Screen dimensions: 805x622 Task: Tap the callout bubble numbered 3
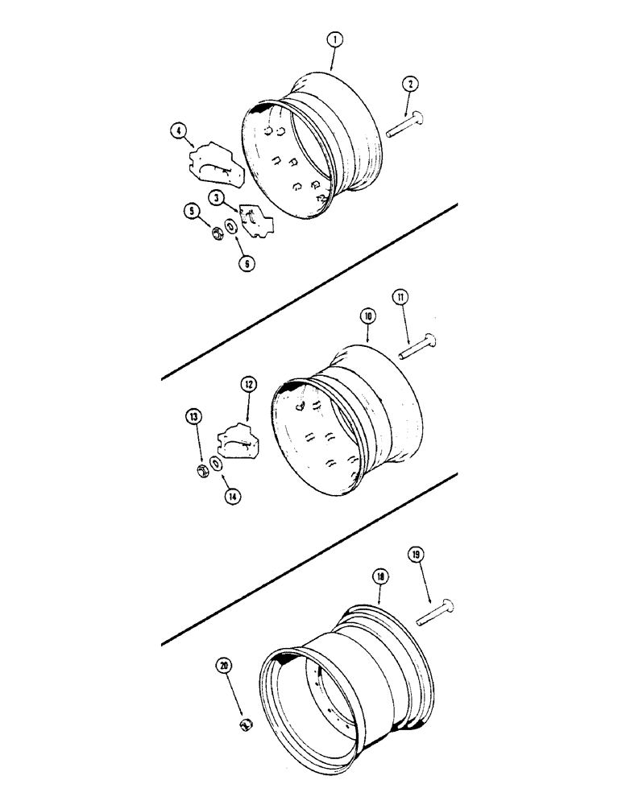[217, 197]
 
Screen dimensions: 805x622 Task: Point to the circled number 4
[178, 129]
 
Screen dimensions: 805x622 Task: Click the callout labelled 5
[192, 213]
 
